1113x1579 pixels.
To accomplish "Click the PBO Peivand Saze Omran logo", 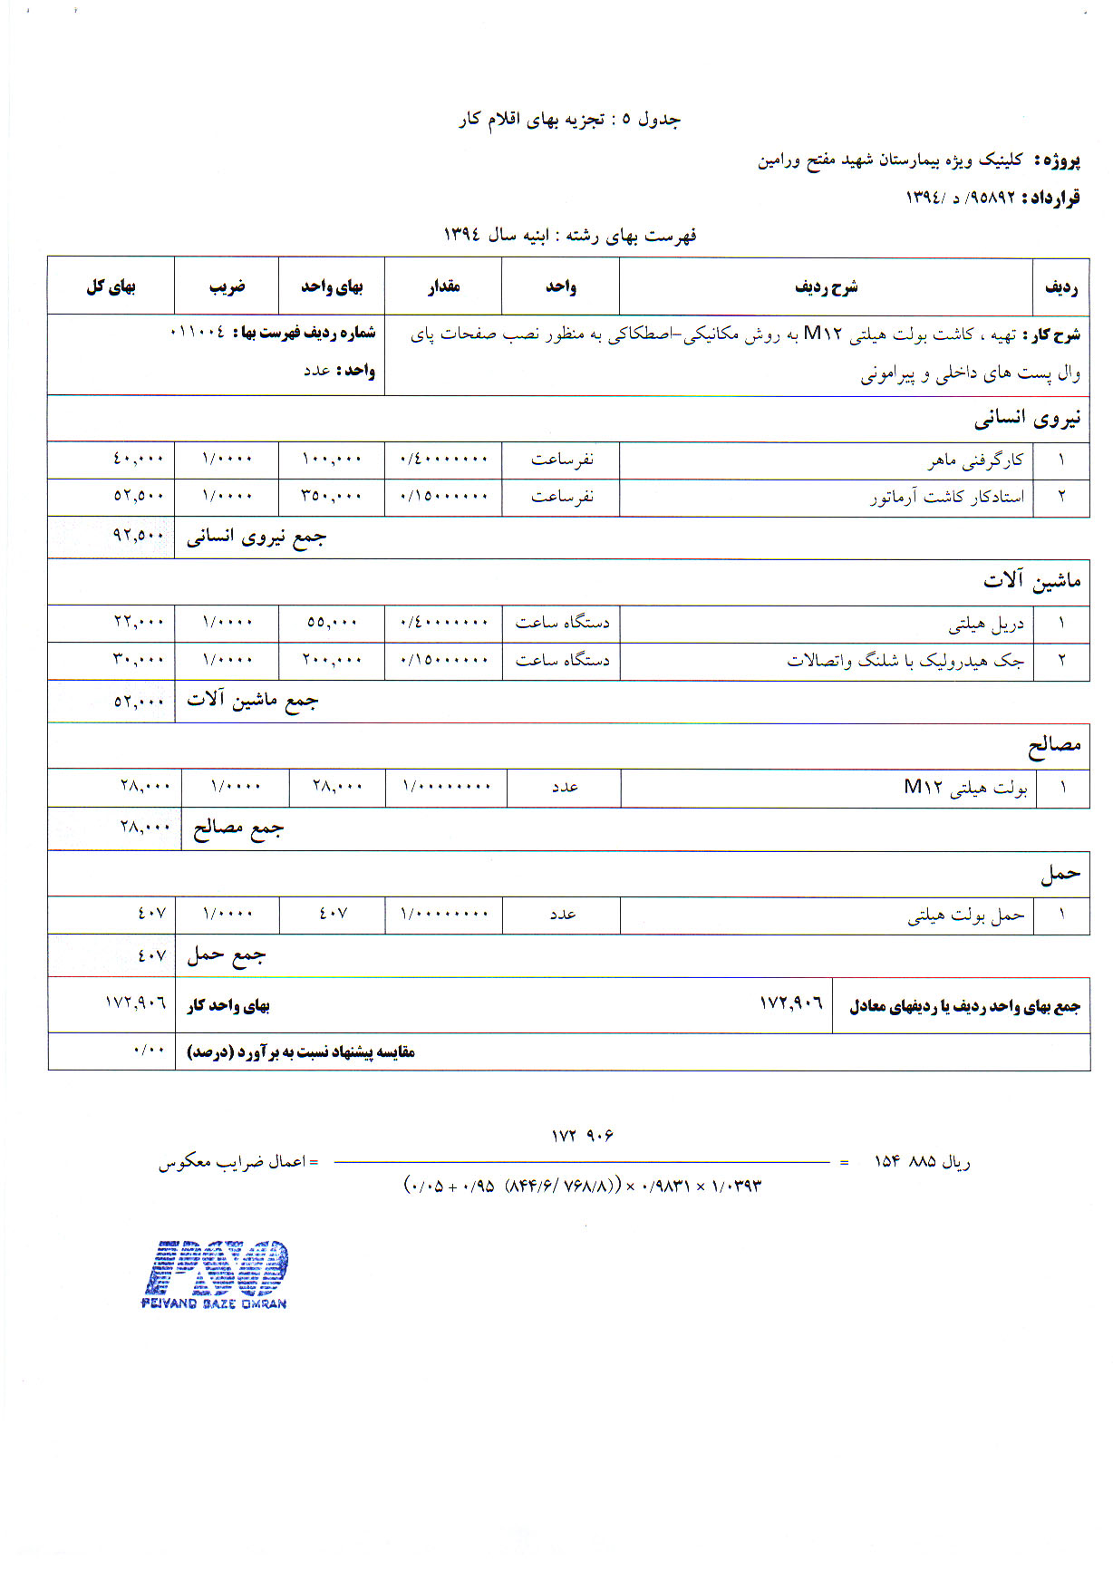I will [x=216, y=1273].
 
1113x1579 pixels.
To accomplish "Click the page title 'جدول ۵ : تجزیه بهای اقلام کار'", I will [x=569, y=120].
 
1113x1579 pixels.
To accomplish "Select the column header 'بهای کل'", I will [x=111, y=286].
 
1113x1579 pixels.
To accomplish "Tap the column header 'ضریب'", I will [x=227, y=286].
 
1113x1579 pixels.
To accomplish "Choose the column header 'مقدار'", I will [x=444, y=286].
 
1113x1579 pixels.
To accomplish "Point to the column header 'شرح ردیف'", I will [x=826, y=286].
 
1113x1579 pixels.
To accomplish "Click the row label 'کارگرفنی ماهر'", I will [x=975, y=460].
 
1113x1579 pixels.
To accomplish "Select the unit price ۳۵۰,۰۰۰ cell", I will [x=332, y=497].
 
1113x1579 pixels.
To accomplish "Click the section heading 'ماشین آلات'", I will [x=1031, y=580].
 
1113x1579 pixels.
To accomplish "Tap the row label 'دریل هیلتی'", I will [x=986, y=624].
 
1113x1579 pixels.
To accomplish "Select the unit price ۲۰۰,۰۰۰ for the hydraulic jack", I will [x=332, y=660].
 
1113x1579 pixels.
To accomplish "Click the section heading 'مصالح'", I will [x=1054, y=745].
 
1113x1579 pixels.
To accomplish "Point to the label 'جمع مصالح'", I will [x=237, y=828].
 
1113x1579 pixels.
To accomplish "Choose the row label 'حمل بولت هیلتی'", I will [x=966, y=915].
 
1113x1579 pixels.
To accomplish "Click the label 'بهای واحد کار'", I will [x=228, y=1005].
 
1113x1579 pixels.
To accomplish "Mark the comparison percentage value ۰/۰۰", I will [x=150, y=1051].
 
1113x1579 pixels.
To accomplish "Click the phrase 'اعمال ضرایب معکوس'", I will [x=233, y=1161].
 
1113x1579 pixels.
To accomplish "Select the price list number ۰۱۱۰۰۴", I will [x=197, y=333].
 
